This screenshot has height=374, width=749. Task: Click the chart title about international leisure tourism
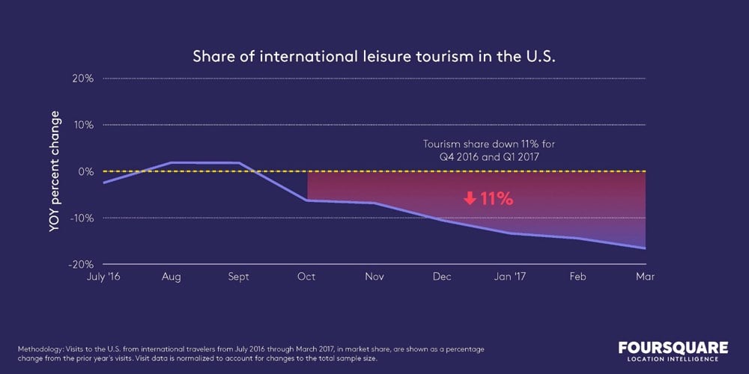tap(374, 57)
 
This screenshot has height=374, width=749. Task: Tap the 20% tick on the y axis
tap(83, 79)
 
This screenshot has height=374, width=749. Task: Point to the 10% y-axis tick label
tap(84, 125)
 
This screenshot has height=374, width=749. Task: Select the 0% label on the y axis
tap(85, 171)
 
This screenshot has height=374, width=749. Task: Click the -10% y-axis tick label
tap(82, 218)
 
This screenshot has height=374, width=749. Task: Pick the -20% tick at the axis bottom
tap(82, 264)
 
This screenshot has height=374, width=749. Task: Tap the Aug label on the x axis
tap(172, 277)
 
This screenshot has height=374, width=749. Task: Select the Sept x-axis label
tap(238, 277)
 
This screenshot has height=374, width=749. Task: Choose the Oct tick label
tap(306, 277)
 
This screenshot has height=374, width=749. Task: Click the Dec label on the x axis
tap(441, 277)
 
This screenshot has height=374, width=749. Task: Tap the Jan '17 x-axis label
tap(509, 277)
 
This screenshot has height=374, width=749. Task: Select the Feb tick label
tap(577, 277)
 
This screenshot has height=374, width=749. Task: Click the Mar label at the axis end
tap(645, 277)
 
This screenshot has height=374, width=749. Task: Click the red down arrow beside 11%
tap(470, 199)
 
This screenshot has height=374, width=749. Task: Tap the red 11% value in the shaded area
tap(497, 199)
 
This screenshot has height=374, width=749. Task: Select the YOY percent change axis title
tap(54, 171)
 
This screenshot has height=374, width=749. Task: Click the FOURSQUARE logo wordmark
tap(673, 348)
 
